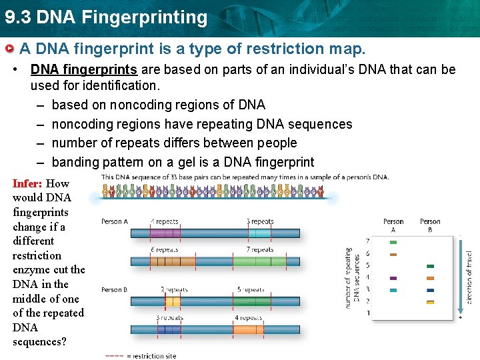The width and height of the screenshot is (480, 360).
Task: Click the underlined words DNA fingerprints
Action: (x=84, y=69)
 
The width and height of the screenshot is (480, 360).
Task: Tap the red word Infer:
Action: (x=27, y=183)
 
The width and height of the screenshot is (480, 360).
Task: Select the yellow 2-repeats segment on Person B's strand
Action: (x=172, y=301)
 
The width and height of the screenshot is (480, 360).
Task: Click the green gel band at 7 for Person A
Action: (x=393, y=242)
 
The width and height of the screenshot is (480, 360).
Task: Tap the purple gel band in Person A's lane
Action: (x=393, y=278)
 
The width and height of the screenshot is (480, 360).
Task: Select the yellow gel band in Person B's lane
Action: (x=430, y=302)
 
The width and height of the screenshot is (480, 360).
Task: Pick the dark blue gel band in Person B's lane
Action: (x=430, y=290)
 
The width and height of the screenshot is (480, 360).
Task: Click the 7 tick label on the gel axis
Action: (x=369, y=241)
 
